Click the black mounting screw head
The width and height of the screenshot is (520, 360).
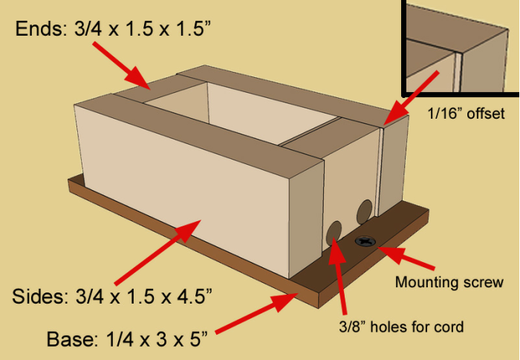pyautogui.click(x=365, y=241)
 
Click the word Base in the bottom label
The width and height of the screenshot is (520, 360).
pyautogui.click(x=72, y=338)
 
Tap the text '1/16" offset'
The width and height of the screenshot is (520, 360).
pyautogui.click(x=466, y=114)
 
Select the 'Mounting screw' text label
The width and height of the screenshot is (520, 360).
pyautogui.click(x=449, y=282)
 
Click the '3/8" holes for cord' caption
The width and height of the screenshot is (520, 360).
pyautogui.click(x=401, y=327)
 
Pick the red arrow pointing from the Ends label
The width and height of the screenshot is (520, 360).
pyautogui.click(x=122, y=66)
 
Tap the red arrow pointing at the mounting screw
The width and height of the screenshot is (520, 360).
pyautogui.click(x=406, y=258)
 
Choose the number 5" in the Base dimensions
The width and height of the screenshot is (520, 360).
pyautogui.click(x=198, y=338)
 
